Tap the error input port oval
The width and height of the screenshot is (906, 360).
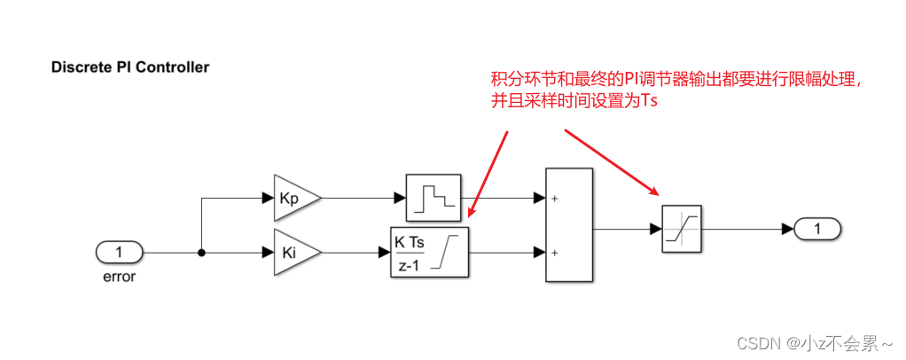click(119, 253)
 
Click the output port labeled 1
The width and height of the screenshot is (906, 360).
click(818, 230)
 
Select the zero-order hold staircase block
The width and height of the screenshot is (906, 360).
click(433, 197)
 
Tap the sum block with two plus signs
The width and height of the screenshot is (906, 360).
click(568, 225)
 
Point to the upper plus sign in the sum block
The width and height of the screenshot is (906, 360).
click(555, 199)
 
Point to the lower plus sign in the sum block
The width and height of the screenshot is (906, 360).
click(555, 252)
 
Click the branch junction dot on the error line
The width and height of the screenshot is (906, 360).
click(202, 253)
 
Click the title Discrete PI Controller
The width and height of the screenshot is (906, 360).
click(130, 67)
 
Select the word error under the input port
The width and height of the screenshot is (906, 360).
click(119, 276)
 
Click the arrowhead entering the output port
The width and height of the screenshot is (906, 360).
click(787, 230)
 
